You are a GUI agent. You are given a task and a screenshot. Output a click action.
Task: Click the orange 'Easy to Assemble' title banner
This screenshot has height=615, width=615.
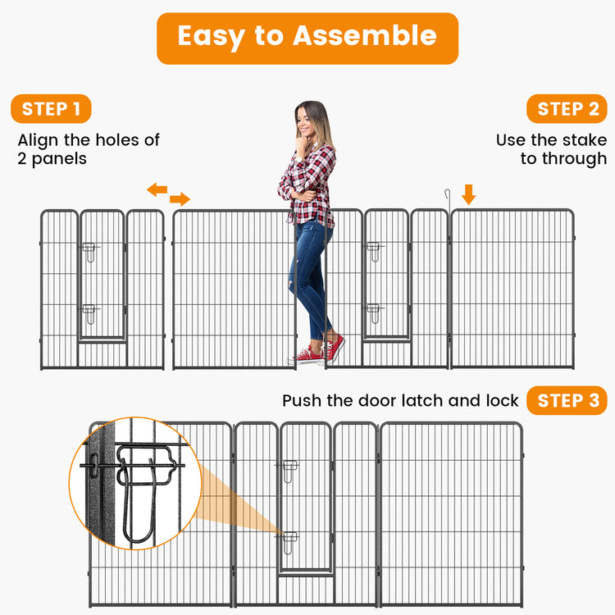coord(307,38)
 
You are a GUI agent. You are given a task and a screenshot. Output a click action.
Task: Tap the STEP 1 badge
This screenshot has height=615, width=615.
coord(51,109)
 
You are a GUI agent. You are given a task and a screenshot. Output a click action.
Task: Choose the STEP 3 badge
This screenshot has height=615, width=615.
coord(567,401)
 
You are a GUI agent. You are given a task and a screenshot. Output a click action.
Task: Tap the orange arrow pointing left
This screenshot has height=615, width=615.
coord(157,190)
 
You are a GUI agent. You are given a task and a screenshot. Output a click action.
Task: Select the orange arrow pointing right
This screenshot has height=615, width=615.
coord(180,199)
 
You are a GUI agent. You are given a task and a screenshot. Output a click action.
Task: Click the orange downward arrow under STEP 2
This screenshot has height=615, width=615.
coord(468,194)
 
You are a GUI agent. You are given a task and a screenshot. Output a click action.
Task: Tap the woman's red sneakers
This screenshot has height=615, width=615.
coord(322,351)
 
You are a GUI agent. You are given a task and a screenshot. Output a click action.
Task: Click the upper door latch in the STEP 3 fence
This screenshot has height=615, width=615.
coord(290,469)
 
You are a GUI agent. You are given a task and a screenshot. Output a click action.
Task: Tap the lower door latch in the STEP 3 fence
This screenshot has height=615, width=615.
coord(290,540)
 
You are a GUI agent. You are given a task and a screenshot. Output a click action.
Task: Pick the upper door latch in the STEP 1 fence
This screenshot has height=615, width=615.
coord(88,250)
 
